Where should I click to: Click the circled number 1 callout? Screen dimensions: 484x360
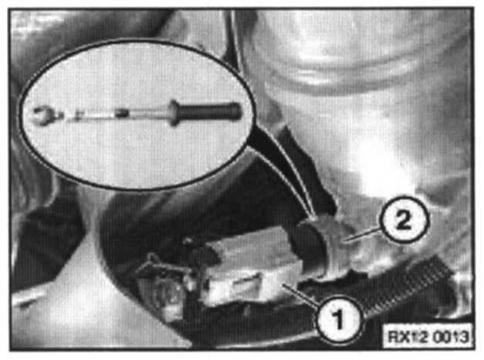click(339, 319)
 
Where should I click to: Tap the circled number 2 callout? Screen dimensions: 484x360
click(404, 220)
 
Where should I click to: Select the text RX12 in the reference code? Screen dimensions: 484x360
click(407, 336)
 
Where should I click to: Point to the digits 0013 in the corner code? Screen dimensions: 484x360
click(449, 336)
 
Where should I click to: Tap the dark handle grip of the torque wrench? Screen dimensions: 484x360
click(210, 112)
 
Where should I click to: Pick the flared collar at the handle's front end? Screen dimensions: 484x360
click(174, 113)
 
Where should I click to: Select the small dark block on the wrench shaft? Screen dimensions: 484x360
click(122, 113)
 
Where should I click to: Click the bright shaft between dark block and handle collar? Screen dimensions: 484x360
click(149, 113)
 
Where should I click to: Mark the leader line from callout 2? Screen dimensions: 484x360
click(364, 234)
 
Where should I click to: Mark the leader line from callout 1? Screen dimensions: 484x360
click(301, 296)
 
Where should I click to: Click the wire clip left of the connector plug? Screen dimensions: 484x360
click(161, 266)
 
